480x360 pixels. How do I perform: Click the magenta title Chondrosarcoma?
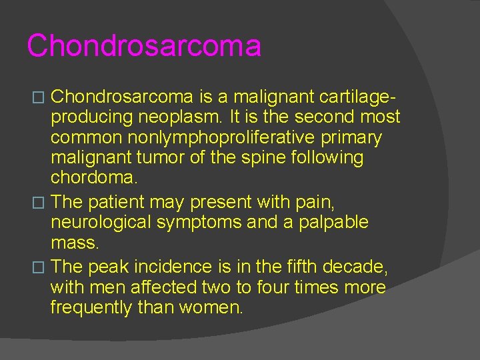[144, 46]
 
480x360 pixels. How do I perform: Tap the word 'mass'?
[73, 242]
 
